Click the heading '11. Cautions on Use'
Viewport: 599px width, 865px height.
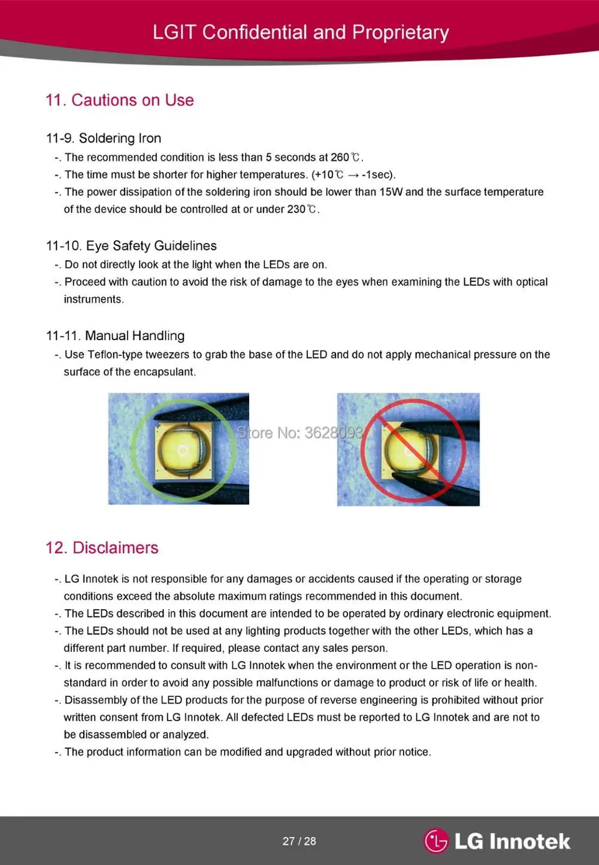click(120, 100)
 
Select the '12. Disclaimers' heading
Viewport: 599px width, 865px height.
click(102, 548)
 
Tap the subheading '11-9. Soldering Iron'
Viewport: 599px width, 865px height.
click(104, 138)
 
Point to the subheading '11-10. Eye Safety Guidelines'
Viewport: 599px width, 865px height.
click(131, 246)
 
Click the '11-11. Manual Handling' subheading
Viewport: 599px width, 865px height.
click(115, 335)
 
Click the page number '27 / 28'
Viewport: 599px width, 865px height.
click(299, 841)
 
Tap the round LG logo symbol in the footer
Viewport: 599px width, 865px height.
click(437, 840)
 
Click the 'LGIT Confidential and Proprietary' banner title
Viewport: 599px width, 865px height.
click(301, 32)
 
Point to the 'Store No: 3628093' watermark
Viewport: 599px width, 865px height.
click(299, 433)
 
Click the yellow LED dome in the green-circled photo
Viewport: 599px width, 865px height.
click(183, 450)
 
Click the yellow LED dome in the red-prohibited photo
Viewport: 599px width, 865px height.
click(409, 450)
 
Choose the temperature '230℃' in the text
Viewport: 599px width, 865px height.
click(302, 209)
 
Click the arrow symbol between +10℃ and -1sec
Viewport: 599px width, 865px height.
click(353, 176)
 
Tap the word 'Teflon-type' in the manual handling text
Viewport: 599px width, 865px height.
click(115, 355)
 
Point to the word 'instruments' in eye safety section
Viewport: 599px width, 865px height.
click(93, 300)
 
